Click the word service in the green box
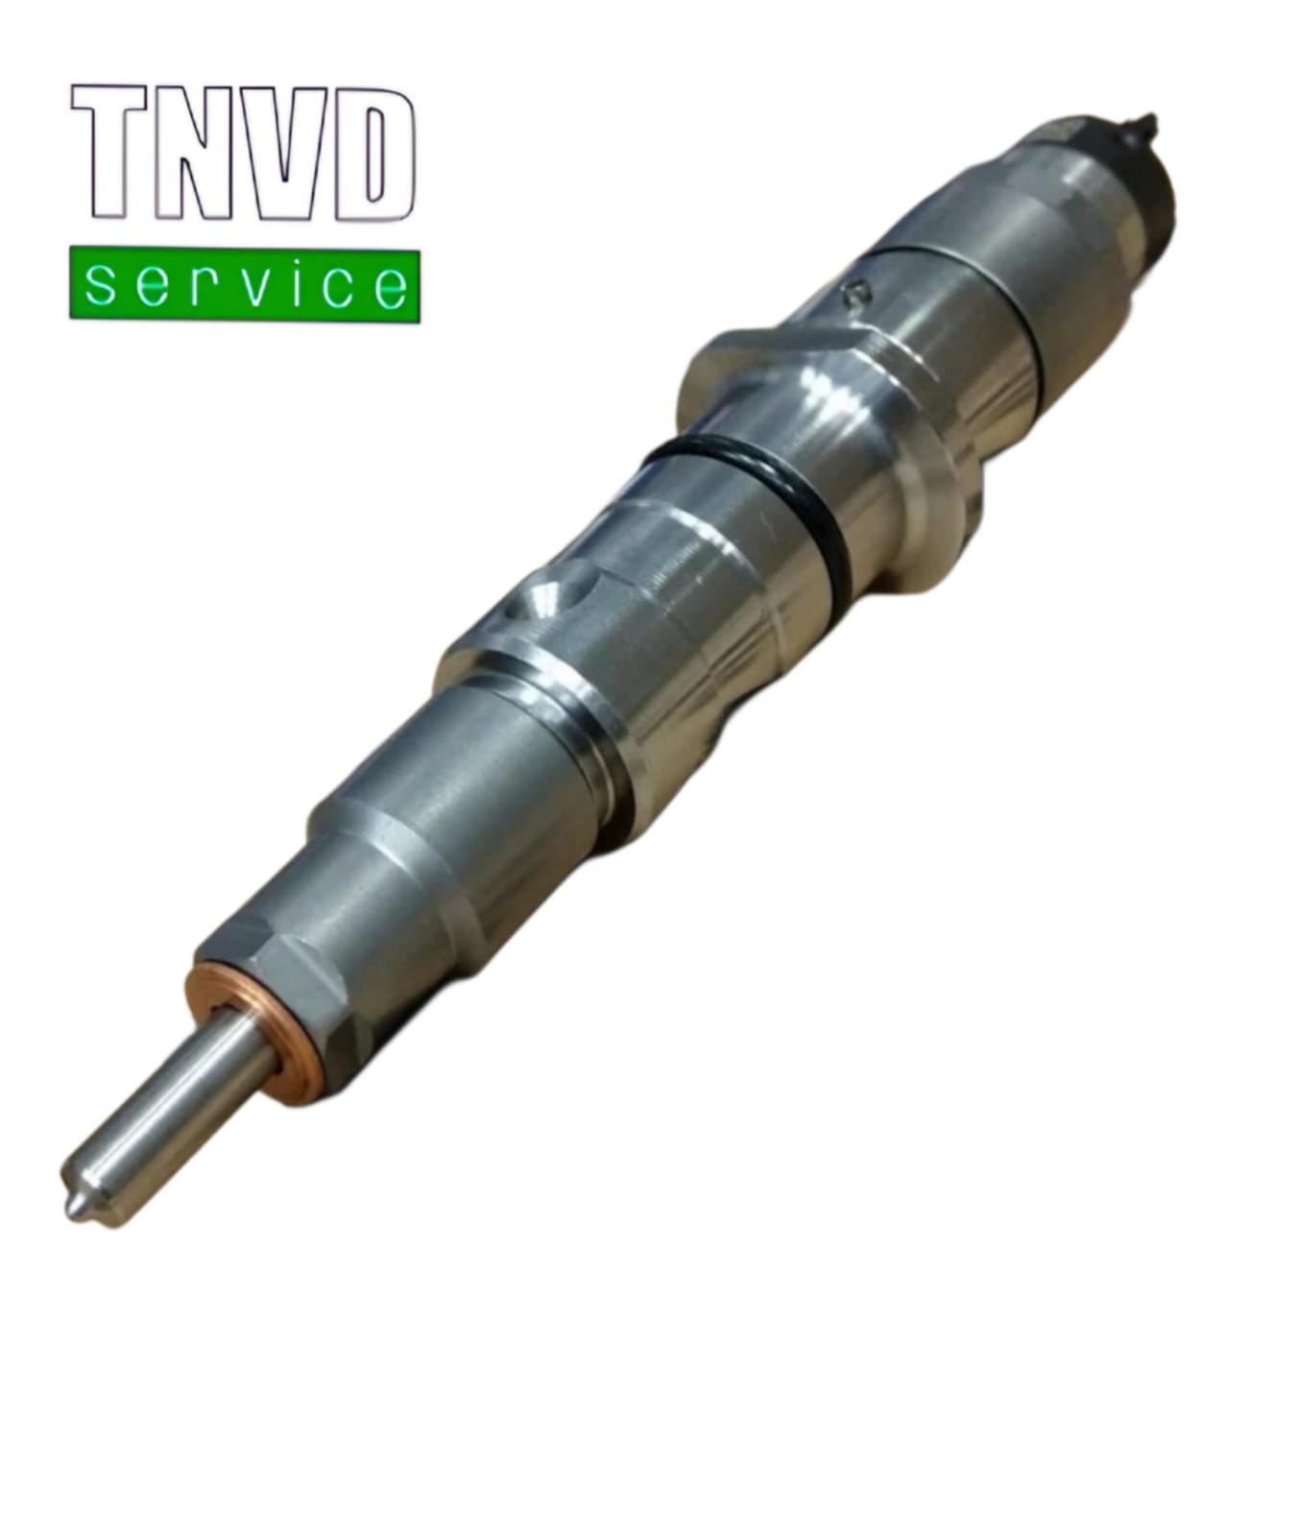244,285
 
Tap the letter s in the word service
100,286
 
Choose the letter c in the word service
336,286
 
